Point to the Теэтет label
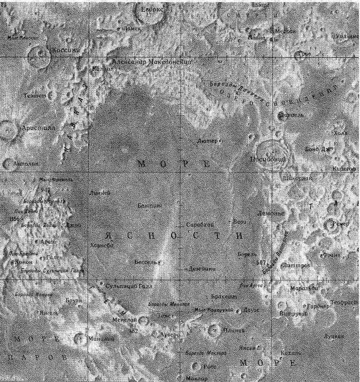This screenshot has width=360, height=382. point(35,95)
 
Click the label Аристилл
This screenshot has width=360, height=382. point(38,128)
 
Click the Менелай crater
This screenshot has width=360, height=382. point(143,320)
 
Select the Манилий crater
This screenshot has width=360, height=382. point(79,338)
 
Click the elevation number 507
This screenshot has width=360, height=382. point(261,262)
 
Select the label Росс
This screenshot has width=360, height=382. point(209,366)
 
